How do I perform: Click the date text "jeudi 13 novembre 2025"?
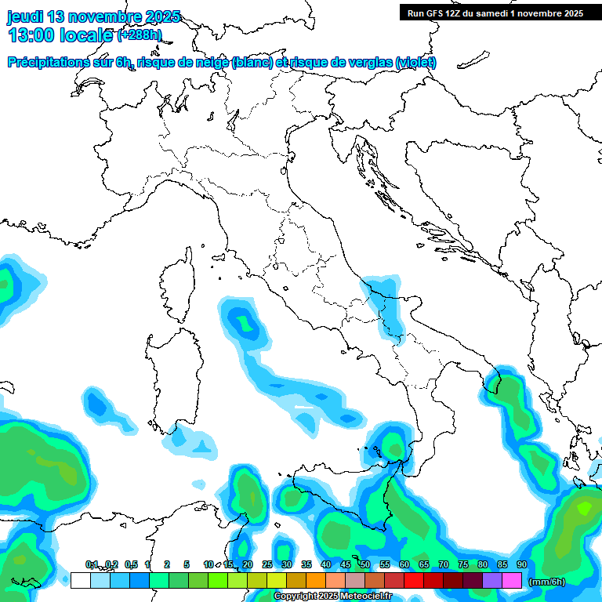click(93, 16)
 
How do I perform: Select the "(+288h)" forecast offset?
click(139, 35)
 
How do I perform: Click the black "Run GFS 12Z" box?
click(495, 13)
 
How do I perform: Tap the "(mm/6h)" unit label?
click(548, 582)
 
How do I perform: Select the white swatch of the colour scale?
click(80, 580)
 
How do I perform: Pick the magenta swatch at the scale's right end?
click(512, 580)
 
